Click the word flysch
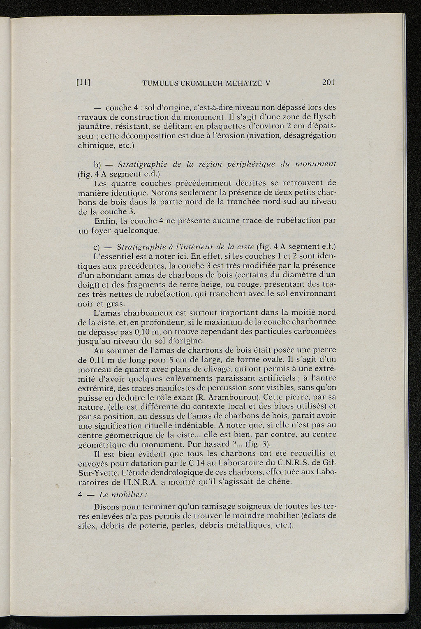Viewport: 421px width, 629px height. click(x=323, y=117)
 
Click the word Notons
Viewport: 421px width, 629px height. click(x=164, y=192)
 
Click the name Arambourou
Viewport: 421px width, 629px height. click(x=230, y=398)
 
